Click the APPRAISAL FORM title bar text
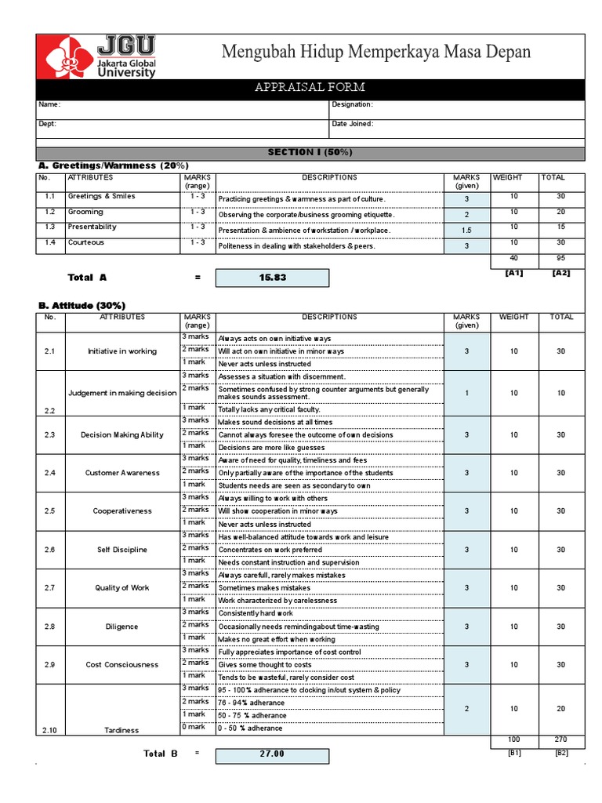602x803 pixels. click(x=310, y=87)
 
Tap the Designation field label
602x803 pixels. click(x=352, y=104)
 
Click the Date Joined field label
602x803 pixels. click(x=352, y=124)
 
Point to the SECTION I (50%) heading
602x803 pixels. click(x=310, y=152)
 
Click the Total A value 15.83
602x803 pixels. click(x=272, y=278)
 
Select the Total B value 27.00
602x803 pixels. click(x=272, y=754)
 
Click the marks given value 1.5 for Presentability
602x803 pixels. click(x=466, y=231)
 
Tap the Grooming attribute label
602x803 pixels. click(x=85, y=212)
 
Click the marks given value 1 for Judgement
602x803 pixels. click(x=466, y=393)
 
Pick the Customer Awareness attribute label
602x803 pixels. click(x=122, y=473)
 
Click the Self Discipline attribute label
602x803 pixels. click(x=122, y=550)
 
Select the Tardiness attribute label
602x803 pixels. click(x=122, y=730)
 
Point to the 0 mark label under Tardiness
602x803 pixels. click(x=194, y=727)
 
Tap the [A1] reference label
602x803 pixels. click(x=513, y=273)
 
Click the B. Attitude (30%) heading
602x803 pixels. click(x=82, y=305)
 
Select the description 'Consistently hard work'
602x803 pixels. click(x=256, y=613)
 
